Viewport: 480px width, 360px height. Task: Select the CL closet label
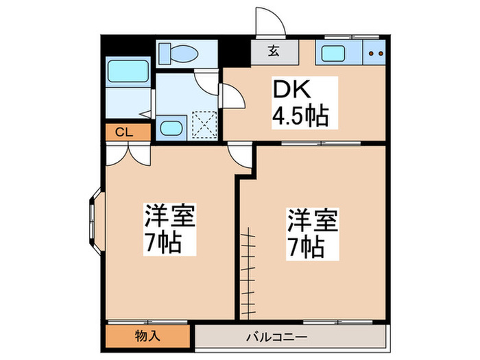[124, 132]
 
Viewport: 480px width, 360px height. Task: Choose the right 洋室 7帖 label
[313, 233]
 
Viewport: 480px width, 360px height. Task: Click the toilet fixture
[180, 53]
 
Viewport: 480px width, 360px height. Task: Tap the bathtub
[128, 70]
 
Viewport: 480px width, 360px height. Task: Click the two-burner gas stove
[374, 53]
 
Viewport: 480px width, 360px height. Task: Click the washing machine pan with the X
[204, 124]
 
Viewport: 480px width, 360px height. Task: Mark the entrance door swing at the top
[269, 23]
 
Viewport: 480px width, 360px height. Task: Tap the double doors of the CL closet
[128, 152]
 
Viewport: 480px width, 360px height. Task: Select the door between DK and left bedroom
[239, 155]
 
